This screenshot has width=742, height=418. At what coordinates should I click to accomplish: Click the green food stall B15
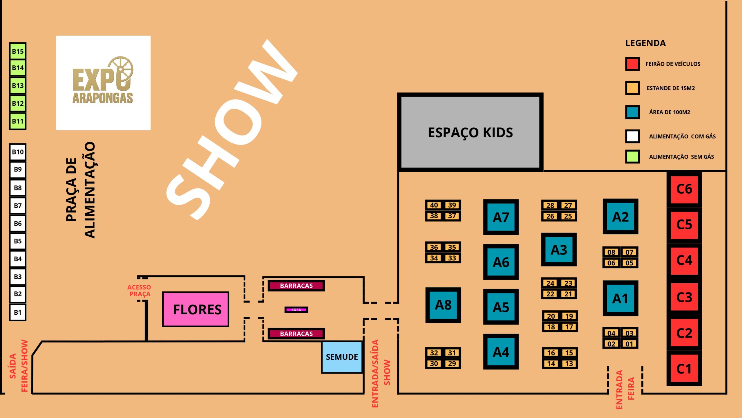[x=18, y=51]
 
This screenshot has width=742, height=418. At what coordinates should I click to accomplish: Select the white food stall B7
[x=18, y=206]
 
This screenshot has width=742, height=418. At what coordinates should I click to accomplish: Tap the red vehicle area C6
[x=684, y=189]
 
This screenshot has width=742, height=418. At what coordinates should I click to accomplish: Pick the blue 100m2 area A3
[x=559, y=250]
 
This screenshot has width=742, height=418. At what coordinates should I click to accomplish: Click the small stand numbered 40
[x=434, y=205]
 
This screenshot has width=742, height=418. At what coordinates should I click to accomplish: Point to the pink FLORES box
[x=196, y=309]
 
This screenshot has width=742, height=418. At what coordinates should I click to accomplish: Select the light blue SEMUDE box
[x=342, y=357]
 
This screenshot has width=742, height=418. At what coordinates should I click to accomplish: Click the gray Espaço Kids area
[x=470, y=132]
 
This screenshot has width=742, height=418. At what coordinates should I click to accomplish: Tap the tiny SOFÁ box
[x=296, y=310]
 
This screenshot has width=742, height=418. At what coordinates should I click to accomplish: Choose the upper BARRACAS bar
[x=296, y=286]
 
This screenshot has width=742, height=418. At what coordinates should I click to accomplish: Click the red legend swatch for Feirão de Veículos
[x=632, y=64]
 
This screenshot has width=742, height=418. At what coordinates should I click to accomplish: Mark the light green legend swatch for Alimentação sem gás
[x=632, y=157]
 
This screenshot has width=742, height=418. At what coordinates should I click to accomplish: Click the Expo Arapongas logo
[x=103, y=83]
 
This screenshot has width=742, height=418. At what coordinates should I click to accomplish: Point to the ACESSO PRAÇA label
[x=139, y=291]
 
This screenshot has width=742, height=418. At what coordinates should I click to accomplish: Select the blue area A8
[x=443, y=305]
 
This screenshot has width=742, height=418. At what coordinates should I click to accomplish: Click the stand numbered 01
[x=629, y=344]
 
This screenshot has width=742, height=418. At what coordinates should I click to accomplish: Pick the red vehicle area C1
[x=684, y=369]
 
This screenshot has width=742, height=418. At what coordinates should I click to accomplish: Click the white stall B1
[x=18, y=313]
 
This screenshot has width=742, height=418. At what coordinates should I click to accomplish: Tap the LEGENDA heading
[x=645, y=43]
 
